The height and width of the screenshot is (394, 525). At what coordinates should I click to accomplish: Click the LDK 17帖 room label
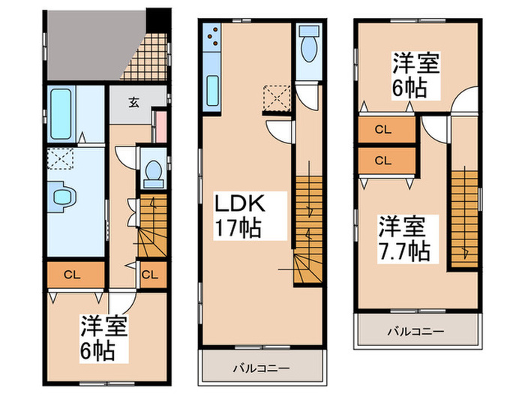240,215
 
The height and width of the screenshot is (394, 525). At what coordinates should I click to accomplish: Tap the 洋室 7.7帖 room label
403,238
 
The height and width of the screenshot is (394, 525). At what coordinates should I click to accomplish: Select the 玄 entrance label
133,103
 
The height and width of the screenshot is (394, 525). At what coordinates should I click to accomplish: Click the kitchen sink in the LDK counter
211,92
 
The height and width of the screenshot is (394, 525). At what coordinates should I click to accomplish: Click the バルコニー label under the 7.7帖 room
416,331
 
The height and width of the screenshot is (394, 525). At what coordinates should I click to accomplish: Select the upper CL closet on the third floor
383,130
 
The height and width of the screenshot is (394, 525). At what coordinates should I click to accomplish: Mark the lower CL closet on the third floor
383,160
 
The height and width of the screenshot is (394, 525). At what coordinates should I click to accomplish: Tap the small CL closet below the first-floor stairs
149,274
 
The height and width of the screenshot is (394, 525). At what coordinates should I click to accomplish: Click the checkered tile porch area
142,56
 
